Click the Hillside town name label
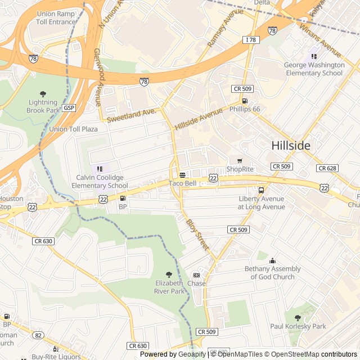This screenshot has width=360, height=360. point(290,145)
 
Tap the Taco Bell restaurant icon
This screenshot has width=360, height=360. point(182,175)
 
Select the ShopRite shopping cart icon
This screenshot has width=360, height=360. point(240,161)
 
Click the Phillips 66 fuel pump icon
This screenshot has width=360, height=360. point(244,101)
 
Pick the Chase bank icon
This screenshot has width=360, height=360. point(196,275)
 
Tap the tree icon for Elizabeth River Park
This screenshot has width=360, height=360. point(169,274)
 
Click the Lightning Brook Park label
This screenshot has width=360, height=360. point(42,106)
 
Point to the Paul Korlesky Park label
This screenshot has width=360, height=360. point(298,326)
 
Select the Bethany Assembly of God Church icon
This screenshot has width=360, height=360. point(272,260)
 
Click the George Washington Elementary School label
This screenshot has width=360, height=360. point(314,69)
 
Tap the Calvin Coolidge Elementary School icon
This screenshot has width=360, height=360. point(100,169)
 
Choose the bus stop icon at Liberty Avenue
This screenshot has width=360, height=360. point(261,190)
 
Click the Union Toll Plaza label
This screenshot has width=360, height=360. point(73,129)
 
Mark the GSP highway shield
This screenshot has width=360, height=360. point(69,107)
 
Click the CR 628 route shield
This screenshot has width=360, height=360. point(327,168)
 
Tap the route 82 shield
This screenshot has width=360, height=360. point(38,335)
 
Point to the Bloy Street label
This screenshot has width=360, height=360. point(197,235)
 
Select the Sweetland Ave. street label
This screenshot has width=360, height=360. point(131,115)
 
